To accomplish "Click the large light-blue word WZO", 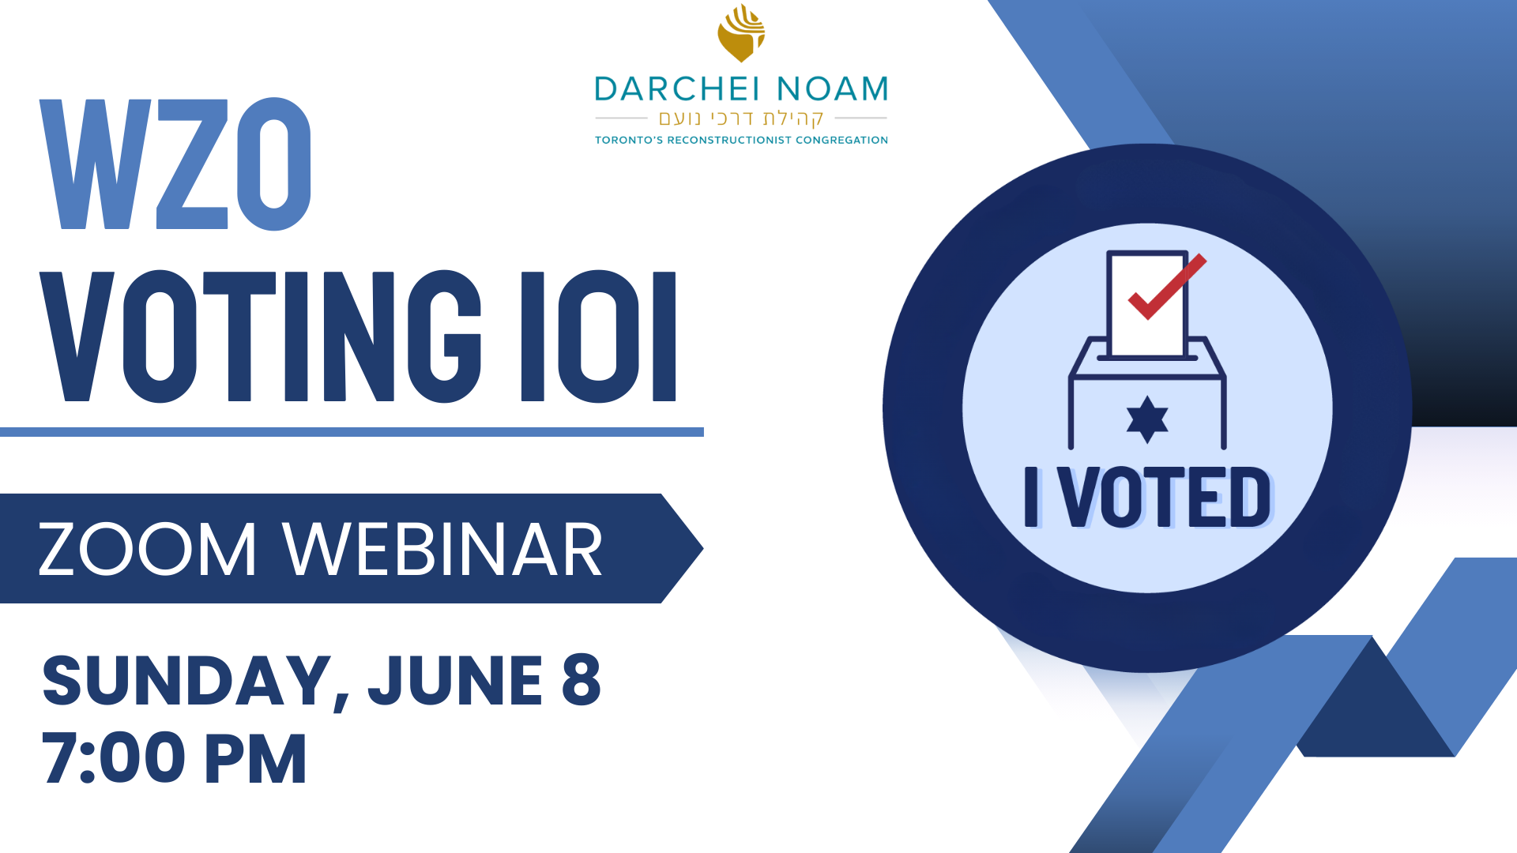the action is tap(175, 164).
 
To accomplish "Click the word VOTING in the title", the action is tap(261, 336).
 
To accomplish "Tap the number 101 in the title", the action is tap(599, 336).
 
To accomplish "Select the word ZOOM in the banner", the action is tap(148, 550).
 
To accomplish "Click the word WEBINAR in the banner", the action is tap(442, 550).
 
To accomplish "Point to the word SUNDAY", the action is tap(186, 682).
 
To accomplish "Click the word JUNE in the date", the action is tap(455, 680).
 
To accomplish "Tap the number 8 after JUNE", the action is tap(582, 680).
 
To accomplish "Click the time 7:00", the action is tap(113, 758).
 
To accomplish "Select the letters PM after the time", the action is tap(255, 758).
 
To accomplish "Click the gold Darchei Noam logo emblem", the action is tap(741, 33).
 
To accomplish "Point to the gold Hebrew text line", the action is tap(741, 118).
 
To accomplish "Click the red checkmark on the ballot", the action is tap(1167, 287).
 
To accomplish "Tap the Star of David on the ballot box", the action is tap(1147, 419).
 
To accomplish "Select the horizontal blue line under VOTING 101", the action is tap(352, 432).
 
